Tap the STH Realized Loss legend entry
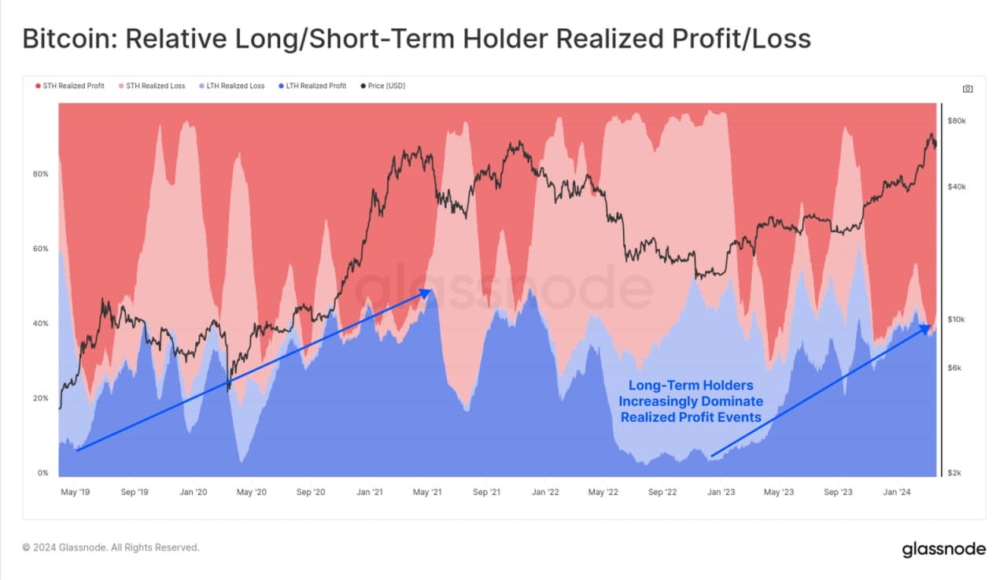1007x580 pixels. point(152,86)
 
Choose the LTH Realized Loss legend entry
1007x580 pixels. point(233,86)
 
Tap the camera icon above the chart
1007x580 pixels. point(968,89)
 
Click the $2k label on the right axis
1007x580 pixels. point(954,473)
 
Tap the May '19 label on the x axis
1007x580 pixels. point(75,493)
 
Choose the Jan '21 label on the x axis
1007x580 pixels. point(370,493)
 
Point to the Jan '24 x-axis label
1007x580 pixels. point(898,493)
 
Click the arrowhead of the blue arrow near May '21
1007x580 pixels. point(426,292)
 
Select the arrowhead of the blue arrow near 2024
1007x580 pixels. point(928,327)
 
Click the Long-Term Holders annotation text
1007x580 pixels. point(691,401)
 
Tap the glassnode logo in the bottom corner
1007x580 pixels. point(943,549)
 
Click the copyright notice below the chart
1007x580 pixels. point(111,547)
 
